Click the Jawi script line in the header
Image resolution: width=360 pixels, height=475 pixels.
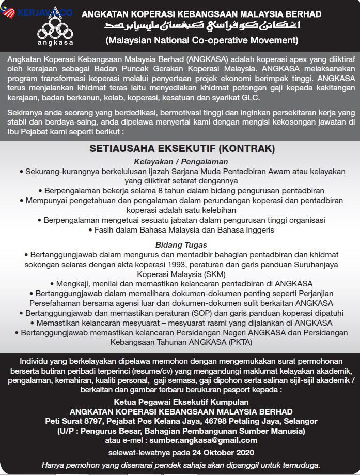coord(201,26)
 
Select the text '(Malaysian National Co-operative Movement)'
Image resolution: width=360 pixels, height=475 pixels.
coord(201,39)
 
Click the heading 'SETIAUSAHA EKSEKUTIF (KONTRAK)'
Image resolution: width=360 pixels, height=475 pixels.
coord(182,149)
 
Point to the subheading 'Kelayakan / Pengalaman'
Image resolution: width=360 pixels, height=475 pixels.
coord(181,162)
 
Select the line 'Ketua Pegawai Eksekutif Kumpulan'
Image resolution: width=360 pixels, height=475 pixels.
coord(181,402)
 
